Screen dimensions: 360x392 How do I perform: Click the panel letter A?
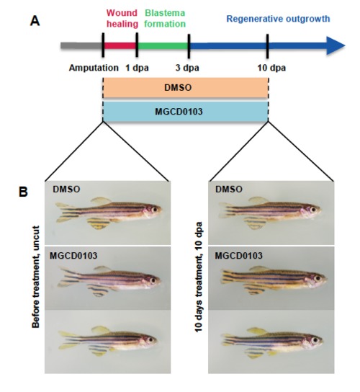[35, 21]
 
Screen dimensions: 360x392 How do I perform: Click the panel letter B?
[24, 192]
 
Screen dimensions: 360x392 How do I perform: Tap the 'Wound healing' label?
[122, 18]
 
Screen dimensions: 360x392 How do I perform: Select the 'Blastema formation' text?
[165, 18]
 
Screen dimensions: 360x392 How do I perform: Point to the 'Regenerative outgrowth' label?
[278, 19]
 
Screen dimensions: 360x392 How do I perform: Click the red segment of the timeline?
[120, 45]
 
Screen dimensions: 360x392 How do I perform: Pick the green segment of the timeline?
[163, 45]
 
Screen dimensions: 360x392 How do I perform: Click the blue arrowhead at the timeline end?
[336, 45]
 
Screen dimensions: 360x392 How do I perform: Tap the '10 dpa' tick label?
[271, 68]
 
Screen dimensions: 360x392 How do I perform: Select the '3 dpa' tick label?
[187, 68]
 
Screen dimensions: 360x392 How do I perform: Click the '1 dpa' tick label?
[137, 68]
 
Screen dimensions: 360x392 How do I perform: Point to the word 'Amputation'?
[94, 68]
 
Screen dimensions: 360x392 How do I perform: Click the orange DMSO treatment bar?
[186, 87]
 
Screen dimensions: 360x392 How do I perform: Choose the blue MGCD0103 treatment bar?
[186, 112]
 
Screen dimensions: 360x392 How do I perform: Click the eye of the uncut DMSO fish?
[155, 210]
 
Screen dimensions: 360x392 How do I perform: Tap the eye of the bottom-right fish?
[315, 340]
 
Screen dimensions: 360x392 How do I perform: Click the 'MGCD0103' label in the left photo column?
[73, 256]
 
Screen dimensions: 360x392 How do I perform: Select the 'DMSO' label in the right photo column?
[229, 190]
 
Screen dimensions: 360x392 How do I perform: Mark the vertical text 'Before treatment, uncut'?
[36, 277]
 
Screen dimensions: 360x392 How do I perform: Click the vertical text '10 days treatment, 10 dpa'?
[199, 277]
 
